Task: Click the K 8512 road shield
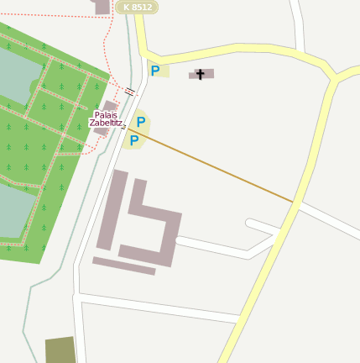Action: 137,7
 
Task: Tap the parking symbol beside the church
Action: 155,71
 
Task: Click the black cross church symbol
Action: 201,74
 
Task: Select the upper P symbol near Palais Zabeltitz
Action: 141,122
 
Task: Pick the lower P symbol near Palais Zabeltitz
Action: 133,140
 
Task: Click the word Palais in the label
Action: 106,114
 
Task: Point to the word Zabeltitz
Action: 106,124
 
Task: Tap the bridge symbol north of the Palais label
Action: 129,91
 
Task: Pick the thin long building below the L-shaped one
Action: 124,266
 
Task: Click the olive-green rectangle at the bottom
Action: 60,350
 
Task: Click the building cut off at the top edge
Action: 102,7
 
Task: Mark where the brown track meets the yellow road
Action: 295,203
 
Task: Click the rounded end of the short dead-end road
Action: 250,224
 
